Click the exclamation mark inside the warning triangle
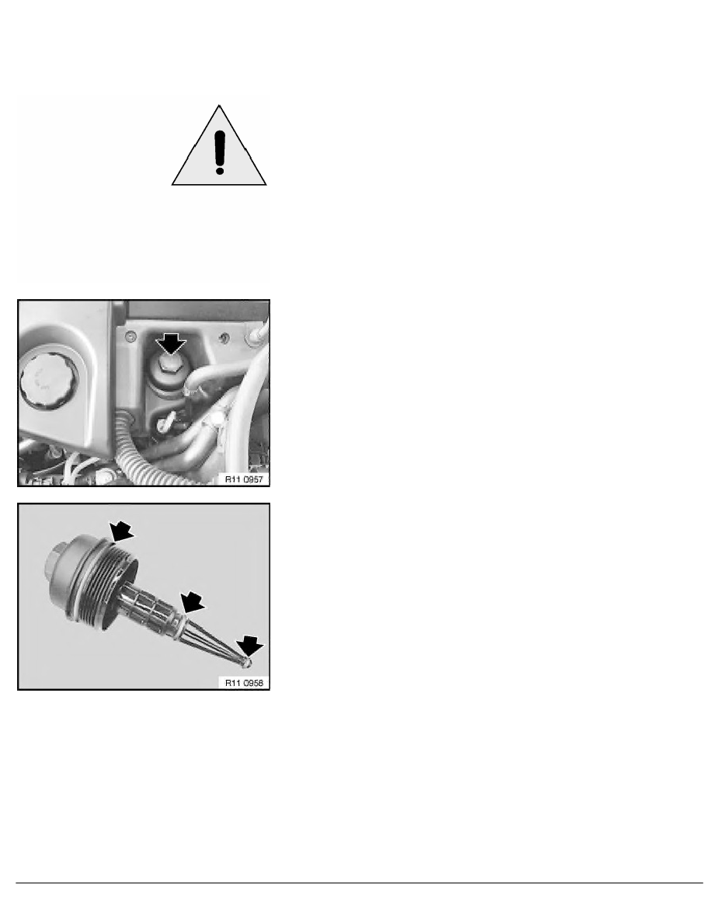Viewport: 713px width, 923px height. click(220, 147)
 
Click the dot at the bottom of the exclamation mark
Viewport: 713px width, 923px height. click(220, 167)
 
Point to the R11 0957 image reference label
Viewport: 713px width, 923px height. click(245, 479)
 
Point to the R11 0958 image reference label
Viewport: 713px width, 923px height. click(245, 684)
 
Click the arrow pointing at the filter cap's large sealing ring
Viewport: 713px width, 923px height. click(122, 531)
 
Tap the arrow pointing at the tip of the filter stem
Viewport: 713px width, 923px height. click(251, 644)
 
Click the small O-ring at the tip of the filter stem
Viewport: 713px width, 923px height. click(245, 663)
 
